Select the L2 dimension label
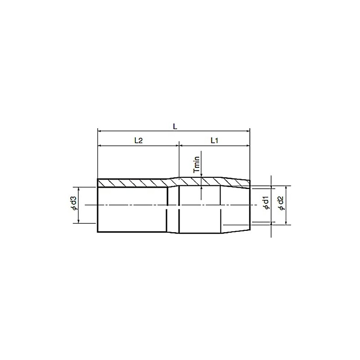[x=139, y=140]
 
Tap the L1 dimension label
[x=214, y=140]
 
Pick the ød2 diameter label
[x=281, y=204]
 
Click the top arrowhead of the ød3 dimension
[x=79, y=189]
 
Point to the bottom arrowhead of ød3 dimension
[x=79, y=221]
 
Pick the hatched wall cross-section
[x=135, y=183]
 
